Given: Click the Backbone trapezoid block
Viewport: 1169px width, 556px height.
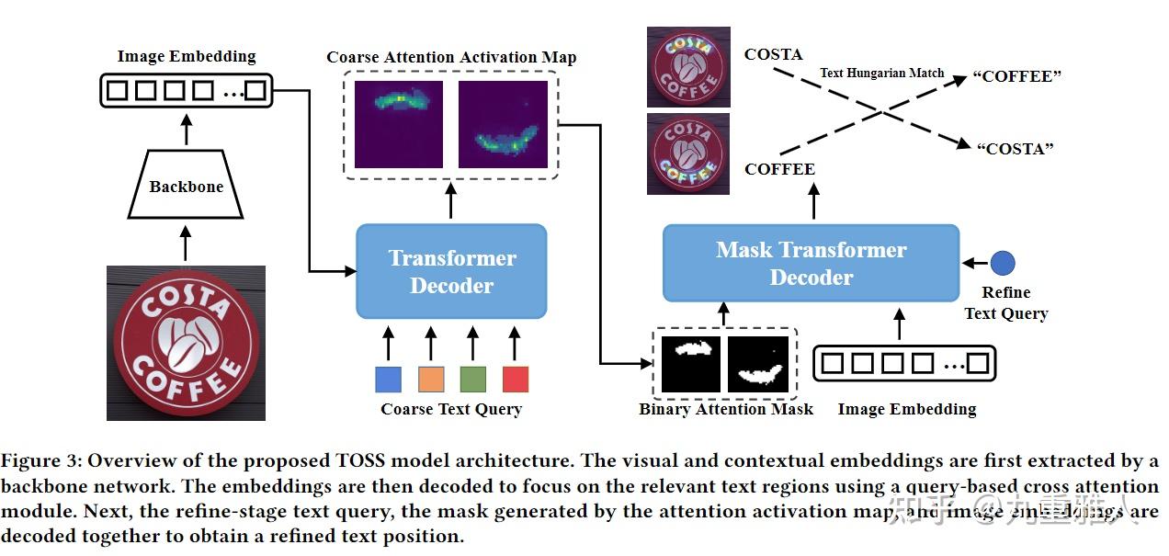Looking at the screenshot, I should [186, 187].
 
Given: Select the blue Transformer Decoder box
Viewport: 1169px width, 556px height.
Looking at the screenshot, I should [451, 271].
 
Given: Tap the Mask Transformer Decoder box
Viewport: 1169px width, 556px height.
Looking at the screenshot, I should [811, 263].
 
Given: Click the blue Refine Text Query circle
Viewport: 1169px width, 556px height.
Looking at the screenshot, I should [1004, 263].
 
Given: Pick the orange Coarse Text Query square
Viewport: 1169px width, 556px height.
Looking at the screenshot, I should [431, 379].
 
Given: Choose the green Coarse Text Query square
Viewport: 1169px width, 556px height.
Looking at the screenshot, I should [472, 379].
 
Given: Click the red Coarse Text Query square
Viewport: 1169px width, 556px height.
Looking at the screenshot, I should [516, 379].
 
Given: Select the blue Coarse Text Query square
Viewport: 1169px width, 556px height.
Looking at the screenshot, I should [388, 379].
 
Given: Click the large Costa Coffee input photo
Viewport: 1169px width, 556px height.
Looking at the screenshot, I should [186, 343].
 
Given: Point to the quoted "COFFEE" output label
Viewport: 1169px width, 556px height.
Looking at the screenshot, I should [1017, 76].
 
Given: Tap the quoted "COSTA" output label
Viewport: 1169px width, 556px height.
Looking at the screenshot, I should [1014, 148].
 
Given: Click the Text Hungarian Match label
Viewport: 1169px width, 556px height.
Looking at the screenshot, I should [881, 73].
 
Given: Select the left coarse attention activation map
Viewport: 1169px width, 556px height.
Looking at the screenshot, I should [399, 124].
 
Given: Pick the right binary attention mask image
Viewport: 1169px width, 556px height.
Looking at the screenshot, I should [758, 364].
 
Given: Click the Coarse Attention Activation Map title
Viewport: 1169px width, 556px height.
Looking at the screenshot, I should [451, 57].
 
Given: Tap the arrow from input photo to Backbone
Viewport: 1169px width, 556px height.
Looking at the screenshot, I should [186, 245].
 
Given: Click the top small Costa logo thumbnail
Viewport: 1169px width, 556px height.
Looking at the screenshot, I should [687, 67].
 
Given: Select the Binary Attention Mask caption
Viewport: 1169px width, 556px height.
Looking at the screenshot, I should [725, 409].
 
